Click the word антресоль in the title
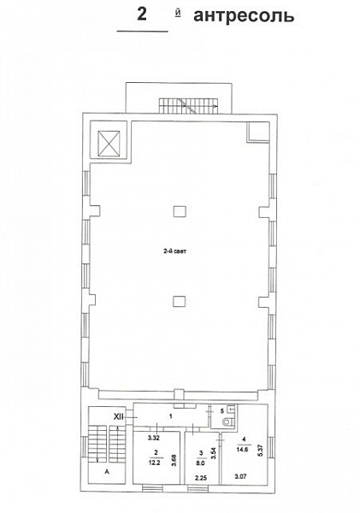pos(244,15)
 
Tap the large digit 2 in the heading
pos(141,14)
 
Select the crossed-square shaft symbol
pos(109,143)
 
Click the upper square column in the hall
pos(180,211)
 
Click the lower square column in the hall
pos(180,301)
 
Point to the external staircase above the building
pos(188,106)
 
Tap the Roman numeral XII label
pos(118,416)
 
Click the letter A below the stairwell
pos(106,471)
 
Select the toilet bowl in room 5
pos(227,422)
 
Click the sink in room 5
pos(231,409)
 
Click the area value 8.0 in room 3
pos(201,463)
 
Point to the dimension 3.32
pos(153,438)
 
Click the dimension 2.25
pos(201,478)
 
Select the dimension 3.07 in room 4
pos(240,476)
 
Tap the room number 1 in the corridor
pos(170,416)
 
